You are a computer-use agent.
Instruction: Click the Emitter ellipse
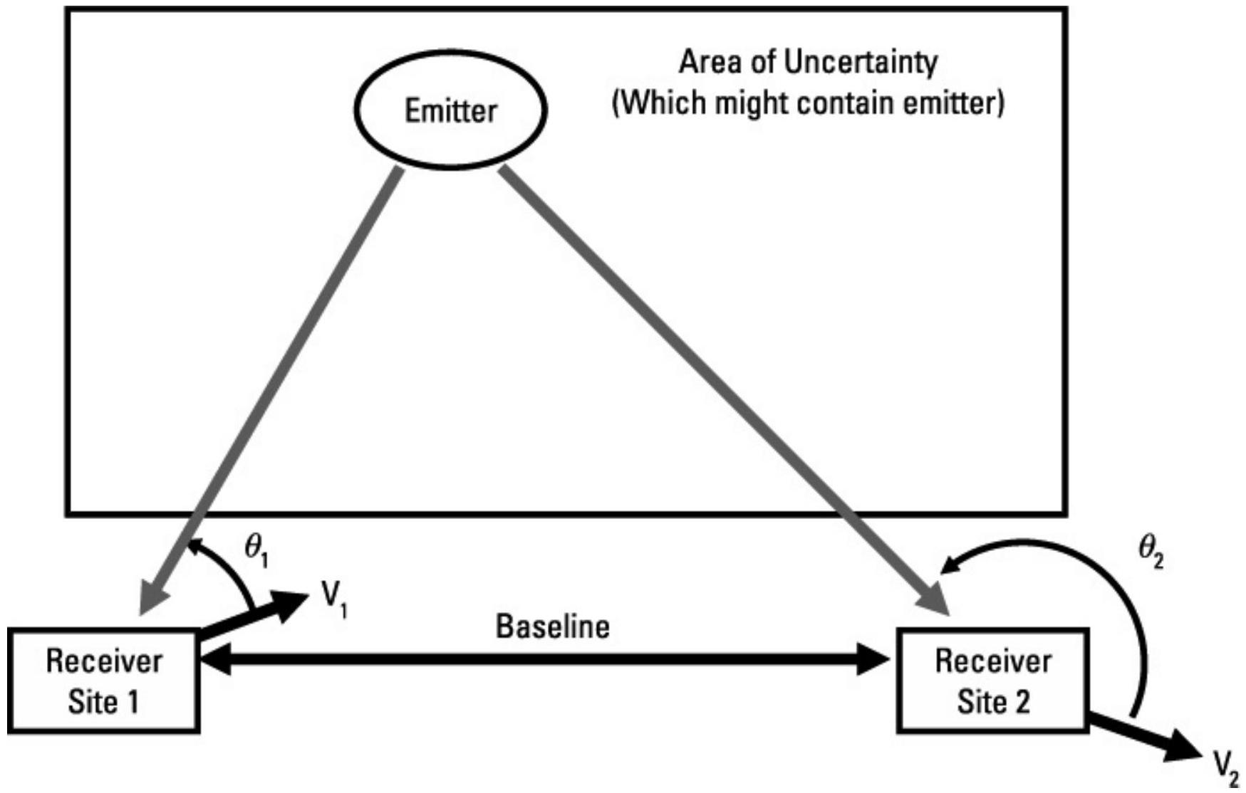pyautogui.click(x=451, y=110)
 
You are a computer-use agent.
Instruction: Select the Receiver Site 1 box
pyautogui.click(x=103, y=681)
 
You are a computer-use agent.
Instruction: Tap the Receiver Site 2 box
pyautogui.click(x=992, y=681)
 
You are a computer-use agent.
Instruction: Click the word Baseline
pyautogui.click(x=553, y=626)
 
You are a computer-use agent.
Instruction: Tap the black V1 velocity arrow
pyautogui.click(x=256, y=616)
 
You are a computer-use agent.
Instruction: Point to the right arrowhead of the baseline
pyautogui.click(x=873, y=660)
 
